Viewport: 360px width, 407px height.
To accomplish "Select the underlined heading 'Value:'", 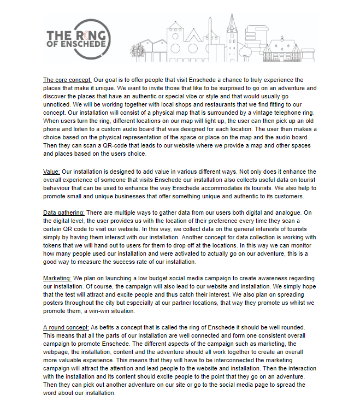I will pos(52,171).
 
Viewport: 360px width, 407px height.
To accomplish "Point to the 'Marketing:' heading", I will pos(57,278).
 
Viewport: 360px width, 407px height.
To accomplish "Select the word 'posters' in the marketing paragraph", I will pos(55,303).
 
